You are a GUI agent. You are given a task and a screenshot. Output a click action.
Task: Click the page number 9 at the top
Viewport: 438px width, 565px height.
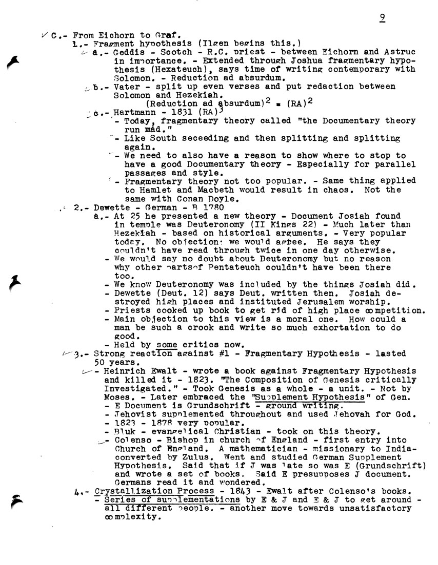click(x=383, y=18)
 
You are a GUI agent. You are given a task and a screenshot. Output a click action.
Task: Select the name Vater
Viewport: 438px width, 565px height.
click(x=115, y=87)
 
